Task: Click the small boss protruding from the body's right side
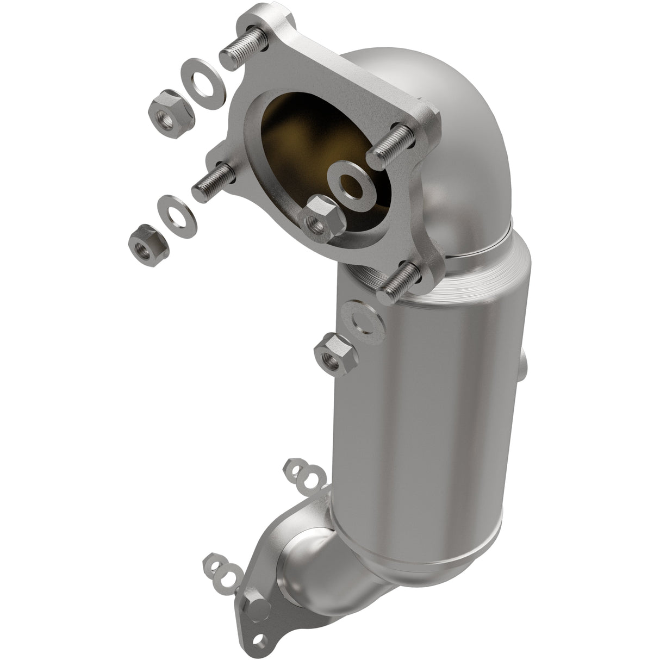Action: click(x=522, y=370)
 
